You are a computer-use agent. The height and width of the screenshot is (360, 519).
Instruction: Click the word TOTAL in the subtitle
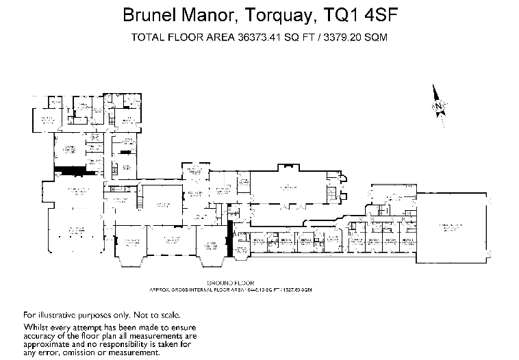tap(147, 38)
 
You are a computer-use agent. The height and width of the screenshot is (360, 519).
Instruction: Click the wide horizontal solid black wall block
tap(68, 170)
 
